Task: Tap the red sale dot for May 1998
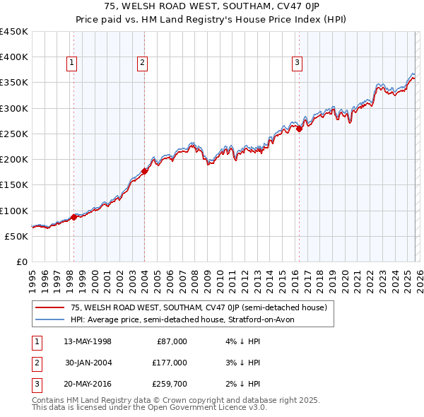pyautogui.click(x=73, y=217)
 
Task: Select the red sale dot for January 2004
pyautogui.click(x=144, y=170)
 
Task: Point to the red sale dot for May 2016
pyautogui.click(x=299, y=129)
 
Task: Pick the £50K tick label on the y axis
pyautogui.click(x=16, y=236)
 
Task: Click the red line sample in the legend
pyautogui.click(x=49, y=308)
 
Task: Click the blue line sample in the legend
pyautogui.click(x=49, y=320)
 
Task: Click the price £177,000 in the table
pyautogui.click(x=169, y=363)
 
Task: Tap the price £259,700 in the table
pyautogui.click(x=169, y=384)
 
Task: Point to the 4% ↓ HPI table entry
pyautogui.click(x=241, y=341)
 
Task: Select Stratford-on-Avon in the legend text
pyautogui.click(x=275, y=320)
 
